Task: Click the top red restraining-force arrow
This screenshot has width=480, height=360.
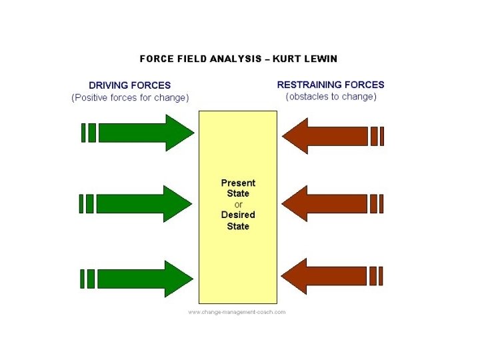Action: (x=330, y=136)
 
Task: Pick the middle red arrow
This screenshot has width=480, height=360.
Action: (x=330, y=203)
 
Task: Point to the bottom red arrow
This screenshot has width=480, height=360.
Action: (x=330, y=275)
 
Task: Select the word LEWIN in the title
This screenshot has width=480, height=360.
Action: (x=321, y=59)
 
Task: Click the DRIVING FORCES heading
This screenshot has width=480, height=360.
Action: (x=130, y=85)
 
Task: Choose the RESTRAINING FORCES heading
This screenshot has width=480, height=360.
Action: (x=331, y=85)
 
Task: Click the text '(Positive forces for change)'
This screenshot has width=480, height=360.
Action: (x=130, y=97)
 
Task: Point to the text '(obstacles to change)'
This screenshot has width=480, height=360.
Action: (x=331, y=97)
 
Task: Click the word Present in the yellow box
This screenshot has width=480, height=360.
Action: (x=238, y=183)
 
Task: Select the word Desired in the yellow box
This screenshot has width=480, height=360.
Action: (x=238, y=215)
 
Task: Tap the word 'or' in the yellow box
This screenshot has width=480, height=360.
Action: (x=239, y=204)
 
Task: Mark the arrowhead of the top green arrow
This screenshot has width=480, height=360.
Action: (x=179, y=133)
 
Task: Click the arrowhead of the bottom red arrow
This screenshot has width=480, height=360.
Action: (x=295, y=275)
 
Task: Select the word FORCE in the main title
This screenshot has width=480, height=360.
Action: (x=153, y=59)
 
